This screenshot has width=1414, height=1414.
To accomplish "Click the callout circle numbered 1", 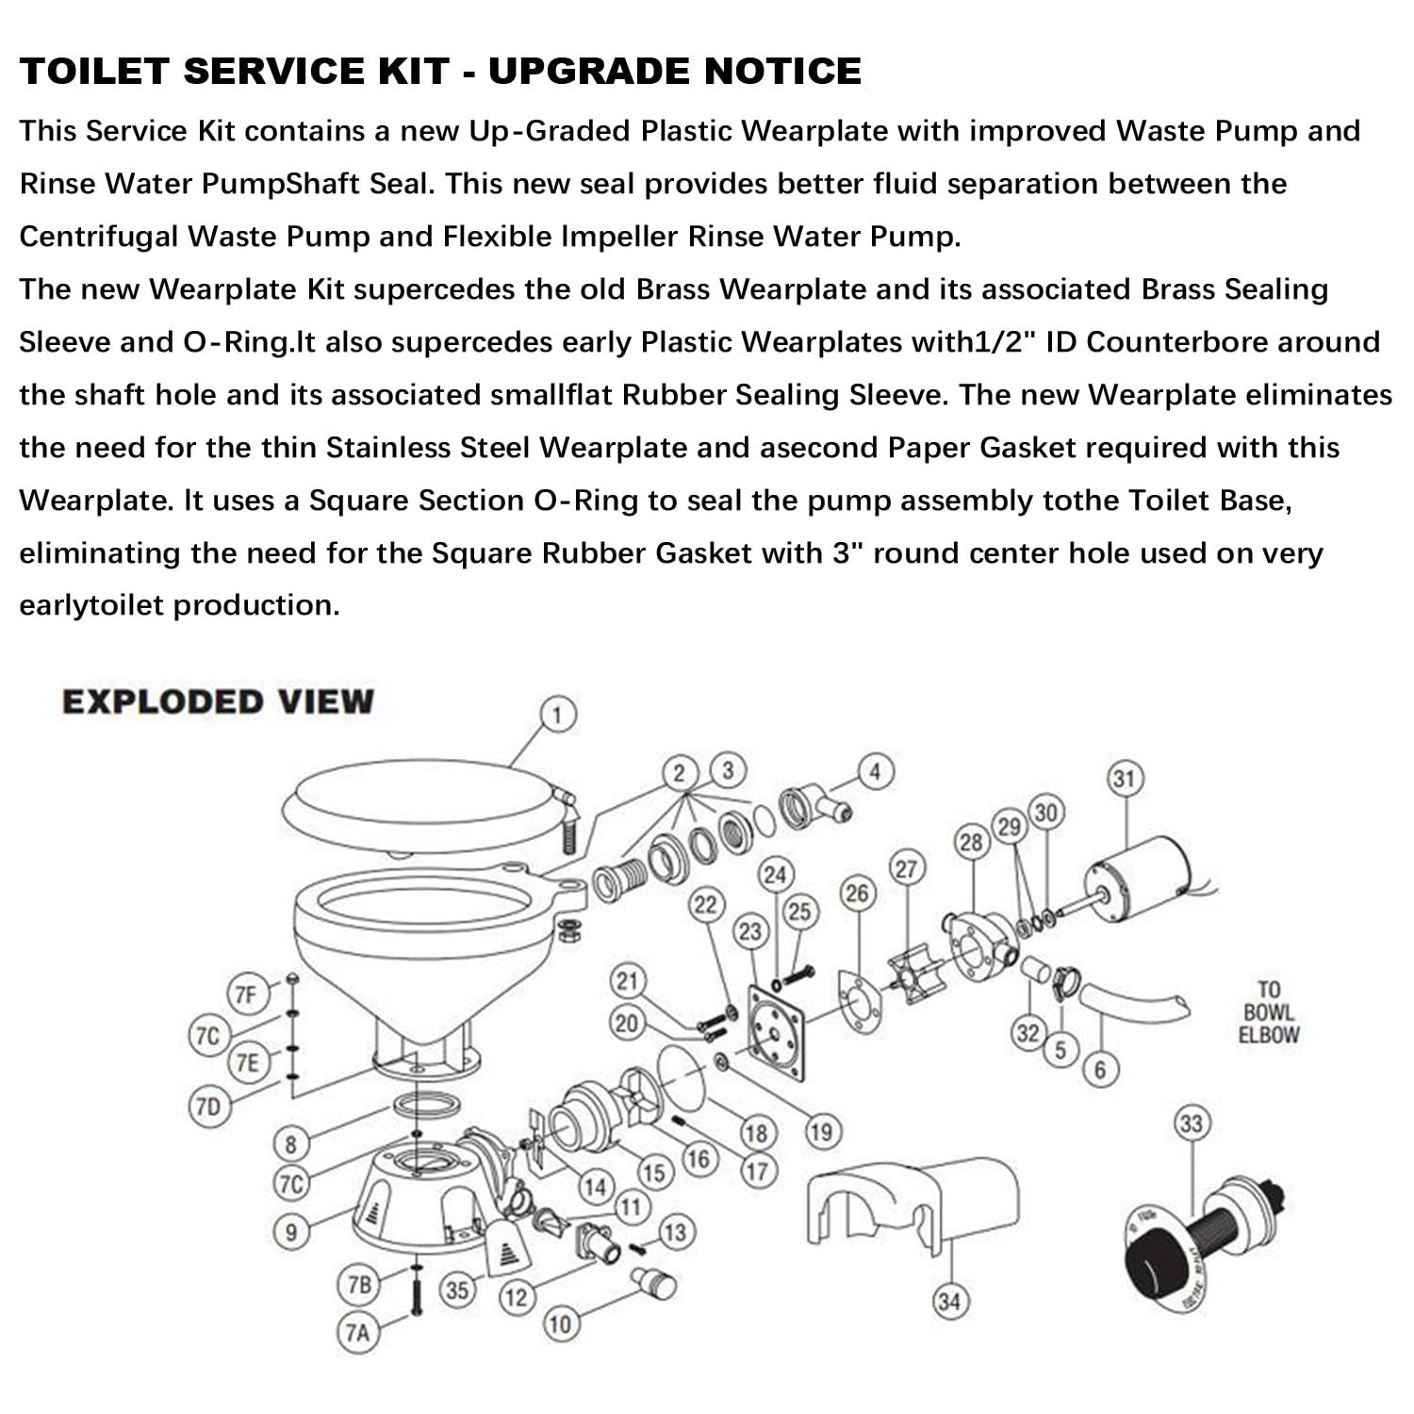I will (x=558, y=715).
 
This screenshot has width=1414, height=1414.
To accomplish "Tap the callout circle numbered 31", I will (x=1123, y=780).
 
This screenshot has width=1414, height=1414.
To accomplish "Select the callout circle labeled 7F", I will (x=245, y=995).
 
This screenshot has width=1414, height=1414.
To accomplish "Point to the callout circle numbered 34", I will (x=949, y=1302).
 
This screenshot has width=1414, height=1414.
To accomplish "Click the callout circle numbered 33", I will (x=1192, y=1124).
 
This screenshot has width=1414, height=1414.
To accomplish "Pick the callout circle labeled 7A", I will (x=357, y=1333).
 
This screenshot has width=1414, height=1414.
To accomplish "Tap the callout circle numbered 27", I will (x=906, y=868).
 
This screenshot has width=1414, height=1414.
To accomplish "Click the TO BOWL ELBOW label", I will (x=1268, y=1012).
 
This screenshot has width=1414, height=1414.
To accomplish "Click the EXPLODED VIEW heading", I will (x=218, y=702).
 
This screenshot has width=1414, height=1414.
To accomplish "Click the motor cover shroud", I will (x=910, y=1202).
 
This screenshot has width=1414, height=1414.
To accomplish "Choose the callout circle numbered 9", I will (x=291, y=1232).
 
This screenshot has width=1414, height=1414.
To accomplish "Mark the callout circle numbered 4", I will (x=875, y=773).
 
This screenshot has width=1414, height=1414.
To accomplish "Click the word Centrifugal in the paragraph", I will (x=98, y=237).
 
